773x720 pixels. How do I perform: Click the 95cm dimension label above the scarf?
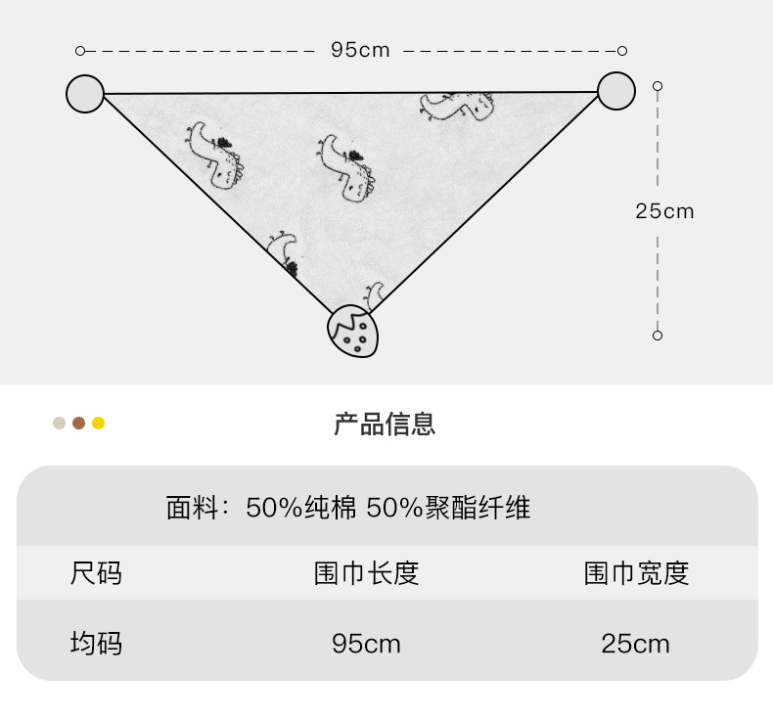[360, 50]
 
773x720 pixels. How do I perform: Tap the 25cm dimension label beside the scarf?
[664, 210]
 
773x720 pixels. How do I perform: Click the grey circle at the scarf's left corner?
[85, 93]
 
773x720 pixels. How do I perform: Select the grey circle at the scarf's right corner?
[616, 91]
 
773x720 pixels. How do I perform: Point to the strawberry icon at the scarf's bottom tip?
[352, 331]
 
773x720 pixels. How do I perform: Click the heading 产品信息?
[385, 424]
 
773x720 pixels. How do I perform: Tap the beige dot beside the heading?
[60, 424]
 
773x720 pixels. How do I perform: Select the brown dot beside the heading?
[79, 424]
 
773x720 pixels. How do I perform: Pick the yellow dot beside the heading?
[98, 424]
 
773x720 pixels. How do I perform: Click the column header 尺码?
[96, 572]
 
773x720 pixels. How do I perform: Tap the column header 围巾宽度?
[636, 572]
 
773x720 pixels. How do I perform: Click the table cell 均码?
[96, 643]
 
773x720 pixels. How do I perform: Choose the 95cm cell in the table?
[366, 643]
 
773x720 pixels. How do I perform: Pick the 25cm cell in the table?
[636, 643]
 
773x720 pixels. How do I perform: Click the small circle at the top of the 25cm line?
[658, 86]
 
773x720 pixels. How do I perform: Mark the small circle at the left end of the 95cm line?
[80, 50]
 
